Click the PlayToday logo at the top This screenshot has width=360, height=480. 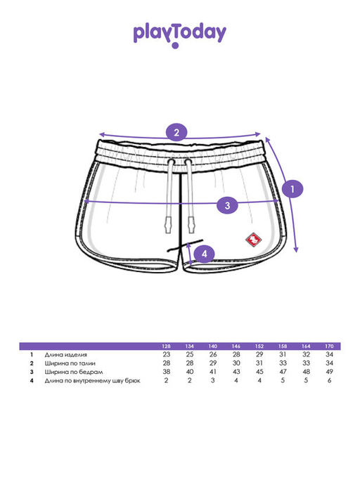[179, 36]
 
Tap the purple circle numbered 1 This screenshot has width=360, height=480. [292, 189]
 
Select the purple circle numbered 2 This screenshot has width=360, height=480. [176, 133]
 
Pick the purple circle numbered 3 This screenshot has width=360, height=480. [227, 205]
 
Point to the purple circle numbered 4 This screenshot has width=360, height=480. [205, 254]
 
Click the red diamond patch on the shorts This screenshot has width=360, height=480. [254, 239]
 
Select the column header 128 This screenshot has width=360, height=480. [166, 346]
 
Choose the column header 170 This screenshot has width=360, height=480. [329, 346]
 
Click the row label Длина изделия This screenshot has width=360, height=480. [66, 355]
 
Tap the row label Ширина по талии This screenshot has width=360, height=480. [70, 363]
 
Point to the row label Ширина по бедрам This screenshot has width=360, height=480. [74, 372]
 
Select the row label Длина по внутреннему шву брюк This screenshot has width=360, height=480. [92, 381]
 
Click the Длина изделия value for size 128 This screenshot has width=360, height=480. [167, 354]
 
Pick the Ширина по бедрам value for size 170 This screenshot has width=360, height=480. [329, 372]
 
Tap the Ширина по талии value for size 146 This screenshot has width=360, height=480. [236, 363]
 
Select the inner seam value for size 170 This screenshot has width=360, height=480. [329, 380]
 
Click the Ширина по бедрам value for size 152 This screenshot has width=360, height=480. [259, 372]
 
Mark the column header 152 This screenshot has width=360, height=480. [259, 346]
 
